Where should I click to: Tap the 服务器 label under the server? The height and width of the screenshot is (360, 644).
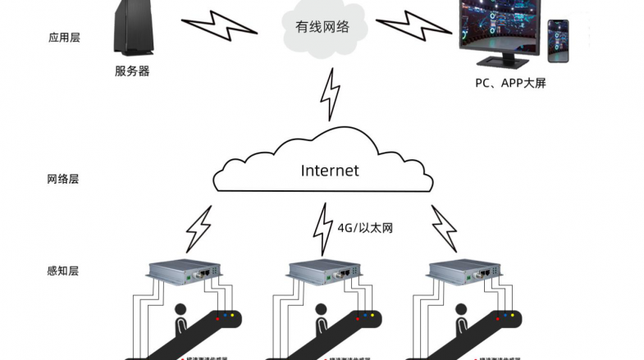point(132,71)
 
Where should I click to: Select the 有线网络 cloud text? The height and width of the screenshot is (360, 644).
point(322,27)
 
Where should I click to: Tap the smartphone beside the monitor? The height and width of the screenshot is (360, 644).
point(559,41)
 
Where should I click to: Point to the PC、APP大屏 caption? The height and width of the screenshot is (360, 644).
point(510,83)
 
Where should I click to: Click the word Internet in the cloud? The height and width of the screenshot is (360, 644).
point(330,171)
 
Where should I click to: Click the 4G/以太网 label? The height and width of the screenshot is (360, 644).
point(365,227)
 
